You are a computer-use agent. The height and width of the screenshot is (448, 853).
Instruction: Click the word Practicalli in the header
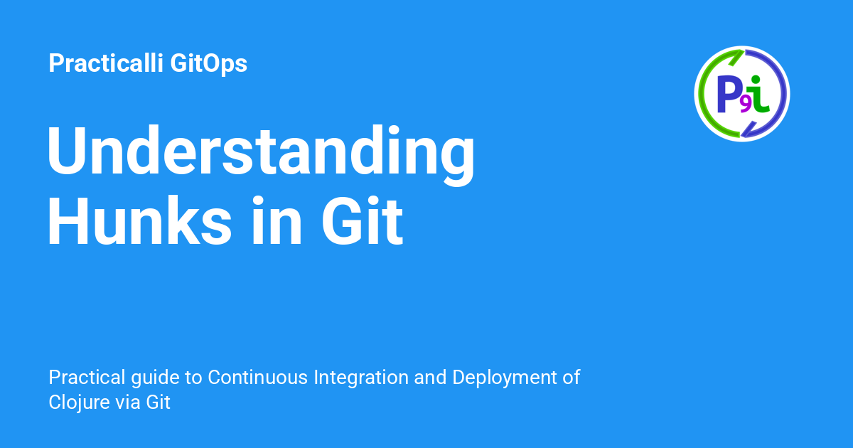coord(107,64)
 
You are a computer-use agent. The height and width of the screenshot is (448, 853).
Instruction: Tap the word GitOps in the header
coord(209,64)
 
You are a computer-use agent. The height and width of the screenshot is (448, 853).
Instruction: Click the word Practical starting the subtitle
coord(77,378)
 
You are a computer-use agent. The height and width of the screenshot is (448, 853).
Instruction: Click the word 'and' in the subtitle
coord(429,378)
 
